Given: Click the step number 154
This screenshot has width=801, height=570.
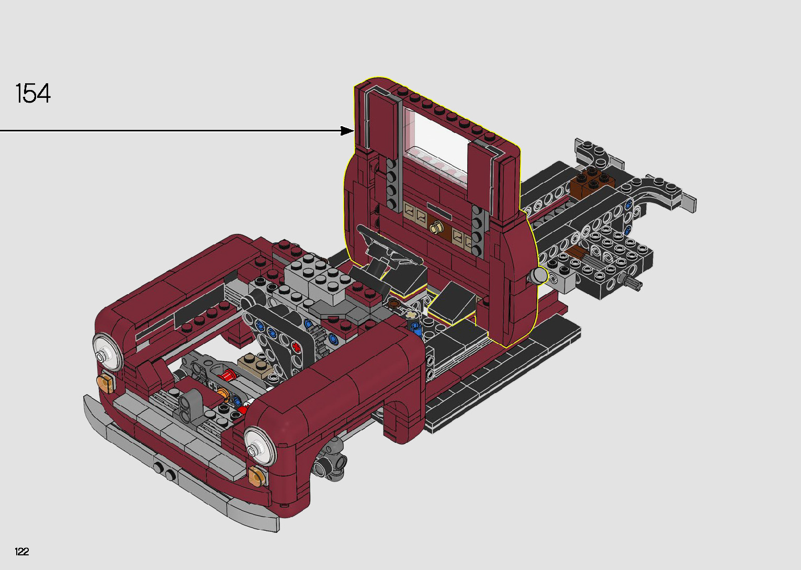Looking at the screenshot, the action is (x=33, y=93).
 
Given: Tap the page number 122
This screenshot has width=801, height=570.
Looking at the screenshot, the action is (x=22, y=551).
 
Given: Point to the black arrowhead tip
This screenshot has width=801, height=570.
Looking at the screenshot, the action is (x=354, y=131).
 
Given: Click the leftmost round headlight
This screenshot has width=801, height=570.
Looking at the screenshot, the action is (x=107, y=353).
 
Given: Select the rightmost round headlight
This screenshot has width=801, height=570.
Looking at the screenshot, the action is (x=260, y=446).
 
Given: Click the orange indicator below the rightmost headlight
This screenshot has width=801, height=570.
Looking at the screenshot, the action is (x=257, y=476).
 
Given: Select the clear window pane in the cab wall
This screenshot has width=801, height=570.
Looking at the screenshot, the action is (x=437, y=143).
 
